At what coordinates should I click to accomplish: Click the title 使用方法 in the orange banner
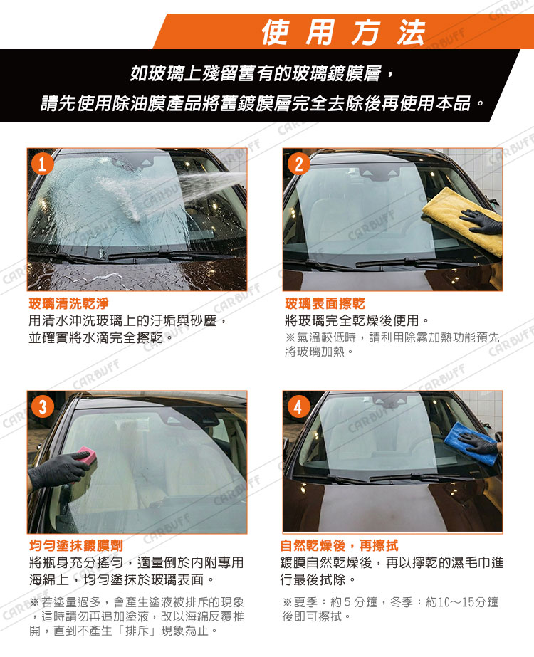pyautogui.click(x=344, y=32)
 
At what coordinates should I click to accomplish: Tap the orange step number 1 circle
pyautogui.click(x=42, y=164)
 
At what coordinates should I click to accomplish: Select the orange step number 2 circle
pyautogui.click(x=298, y=164)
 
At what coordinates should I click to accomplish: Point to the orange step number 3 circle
pyautogui.click(x=42, y=406)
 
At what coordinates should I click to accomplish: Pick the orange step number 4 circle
pyautogui.click(x=298, y=406)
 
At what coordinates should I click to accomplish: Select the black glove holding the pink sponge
pyautogui.click(x=58, y=470)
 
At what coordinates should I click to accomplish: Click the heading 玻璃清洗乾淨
pyautogui.click(x=69, y=303)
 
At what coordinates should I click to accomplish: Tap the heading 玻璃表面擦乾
pyautogui.click(x=325, y=303)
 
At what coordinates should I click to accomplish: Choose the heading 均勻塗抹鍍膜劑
pyautogui.click(x=76, y=545)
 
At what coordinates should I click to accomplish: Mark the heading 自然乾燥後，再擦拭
pyautogui.click(x=339, y=545)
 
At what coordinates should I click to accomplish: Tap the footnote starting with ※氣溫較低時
pyautogui.click(x=392, y=344)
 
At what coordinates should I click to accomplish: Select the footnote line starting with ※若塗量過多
pyautogui.click(x=137, y=602)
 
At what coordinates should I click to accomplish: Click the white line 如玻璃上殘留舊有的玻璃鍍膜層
pyautogui.click(x=262, y=74)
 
